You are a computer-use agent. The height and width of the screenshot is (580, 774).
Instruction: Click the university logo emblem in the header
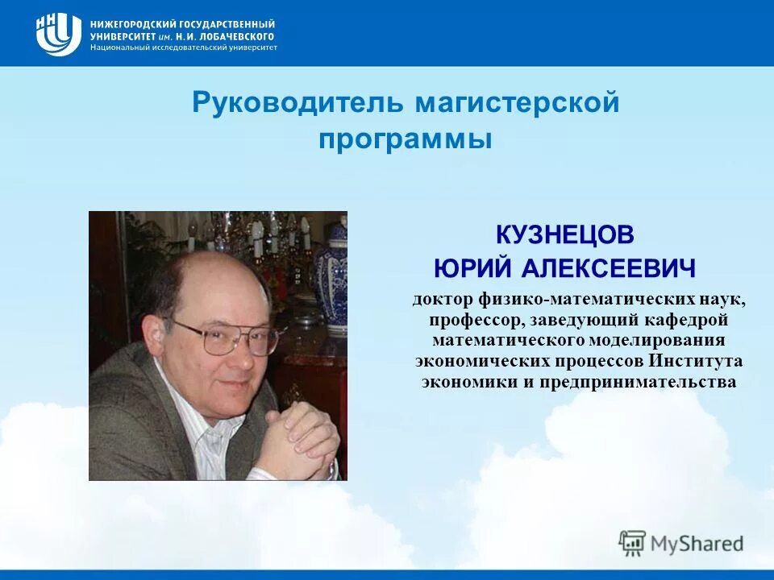pyautogui.click(x=58, y=34)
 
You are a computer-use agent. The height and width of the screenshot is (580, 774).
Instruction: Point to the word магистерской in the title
pyautogui.click(x=517, y=104)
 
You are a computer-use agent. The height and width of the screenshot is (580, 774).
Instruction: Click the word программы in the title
pyautogui.click(x=405, y=139)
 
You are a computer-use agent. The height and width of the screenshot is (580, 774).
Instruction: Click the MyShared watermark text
pyautogui.click(x=697, y=544)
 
